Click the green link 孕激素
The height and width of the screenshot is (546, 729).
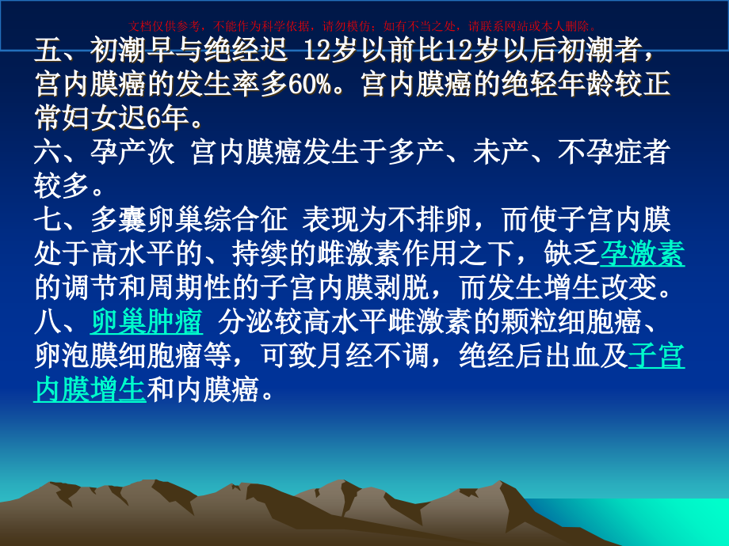[x=643, y=254]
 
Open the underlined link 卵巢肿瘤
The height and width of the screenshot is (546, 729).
[x=147, y=322]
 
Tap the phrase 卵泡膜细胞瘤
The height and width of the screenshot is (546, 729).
[x=118, y=356]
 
